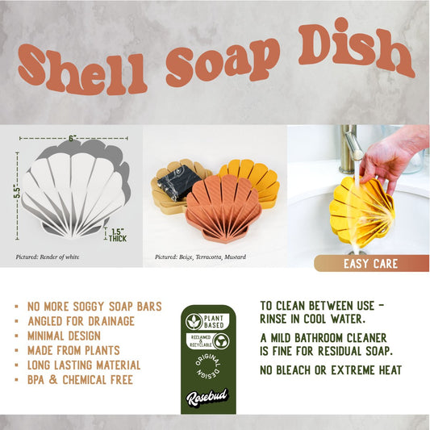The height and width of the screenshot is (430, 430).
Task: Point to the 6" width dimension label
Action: [x=73, y=139]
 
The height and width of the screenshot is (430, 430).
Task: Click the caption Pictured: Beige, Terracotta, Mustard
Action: [x=200, y=257]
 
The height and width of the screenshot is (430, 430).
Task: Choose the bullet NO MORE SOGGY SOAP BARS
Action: [x=94, y=307]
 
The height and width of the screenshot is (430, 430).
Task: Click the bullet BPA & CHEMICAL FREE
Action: [x=80, y=380]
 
